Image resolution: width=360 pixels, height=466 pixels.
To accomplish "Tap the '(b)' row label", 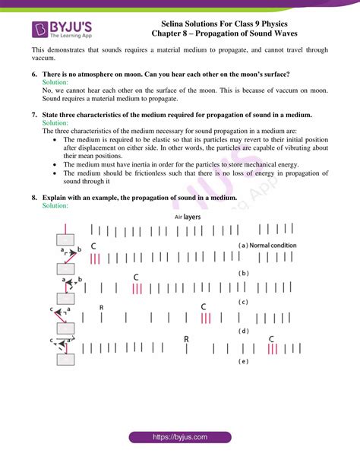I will coord(244,272).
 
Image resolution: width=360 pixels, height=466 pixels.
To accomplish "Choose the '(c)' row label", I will coord(244,302).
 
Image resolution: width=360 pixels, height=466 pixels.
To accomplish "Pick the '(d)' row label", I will coord(244,331).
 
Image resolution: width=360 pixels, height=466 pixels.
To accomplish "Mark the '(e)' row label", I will coord(244,361).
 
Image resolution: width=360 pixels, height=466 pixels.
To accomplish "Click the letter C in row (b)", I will coord(93,246).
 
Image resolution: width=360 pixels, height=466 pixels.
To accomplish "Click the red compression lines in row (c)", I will coord(137,289).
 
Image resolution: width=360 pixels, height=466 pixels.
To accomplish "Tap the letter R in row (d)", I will coord(102,307).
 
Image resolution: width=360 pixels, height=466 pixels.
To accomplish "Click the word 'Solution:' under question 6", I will coord(55,81).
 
